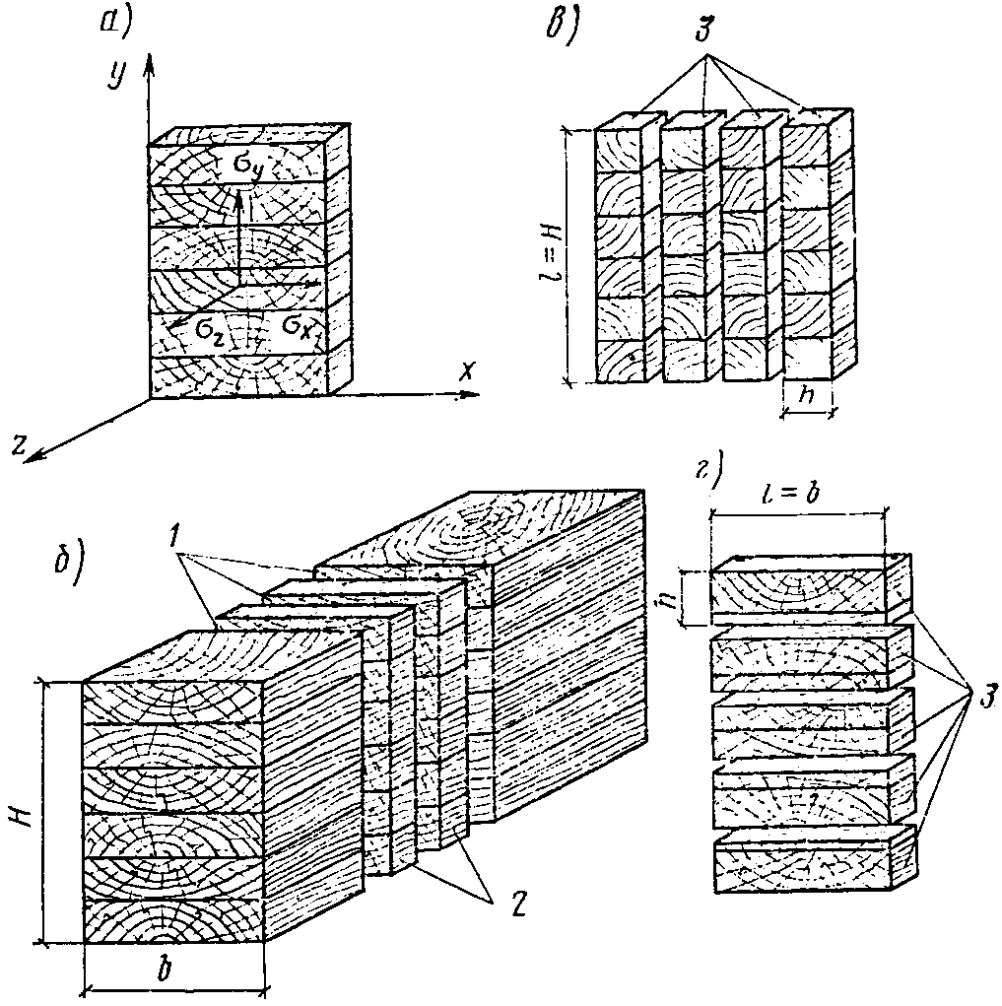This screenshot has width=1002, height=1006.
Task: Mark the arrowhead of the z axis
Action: click(x=28, y=455)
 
